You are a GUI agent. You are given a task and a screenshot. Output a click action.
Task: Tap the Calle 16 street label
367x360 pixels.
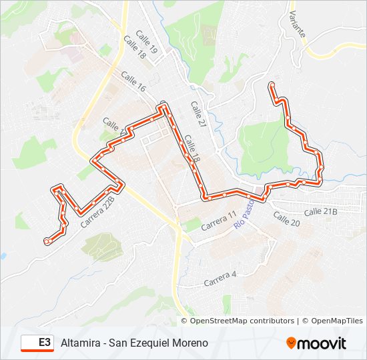133,83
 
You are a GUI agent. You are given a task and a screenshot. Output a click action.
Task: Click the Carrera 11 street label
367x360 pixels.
220,221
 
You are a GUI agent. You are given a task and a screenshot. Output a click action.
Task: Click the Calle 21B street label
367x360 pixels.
321,211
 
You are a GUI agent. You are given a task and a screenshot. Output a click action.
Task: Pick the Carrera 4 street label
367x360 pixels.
221,275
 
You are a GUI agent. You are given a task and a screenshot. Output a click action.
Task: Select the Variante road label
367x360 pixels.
296,24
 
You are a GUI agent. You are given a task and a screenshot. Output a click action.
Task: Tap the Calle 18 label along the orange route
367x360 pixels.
193,150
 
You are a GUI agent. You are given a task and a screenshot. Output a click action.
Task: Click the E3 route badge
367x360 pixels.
37,343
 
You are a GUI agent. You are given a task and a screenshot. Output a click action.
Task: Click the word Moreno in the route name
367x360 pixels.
191,343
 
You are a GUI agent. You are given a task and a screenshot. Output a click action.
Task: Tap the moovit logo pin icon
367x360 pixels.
292,343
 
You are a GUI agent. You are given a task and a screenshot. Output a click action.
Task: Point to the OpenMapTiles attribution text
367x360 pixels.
336,321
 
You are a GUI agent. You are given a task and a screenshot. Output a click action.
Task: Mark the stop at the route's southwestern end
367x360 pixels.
47,241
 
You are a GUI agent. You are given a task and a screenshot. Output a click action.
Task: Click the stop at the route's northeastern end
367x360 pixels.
272,85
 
